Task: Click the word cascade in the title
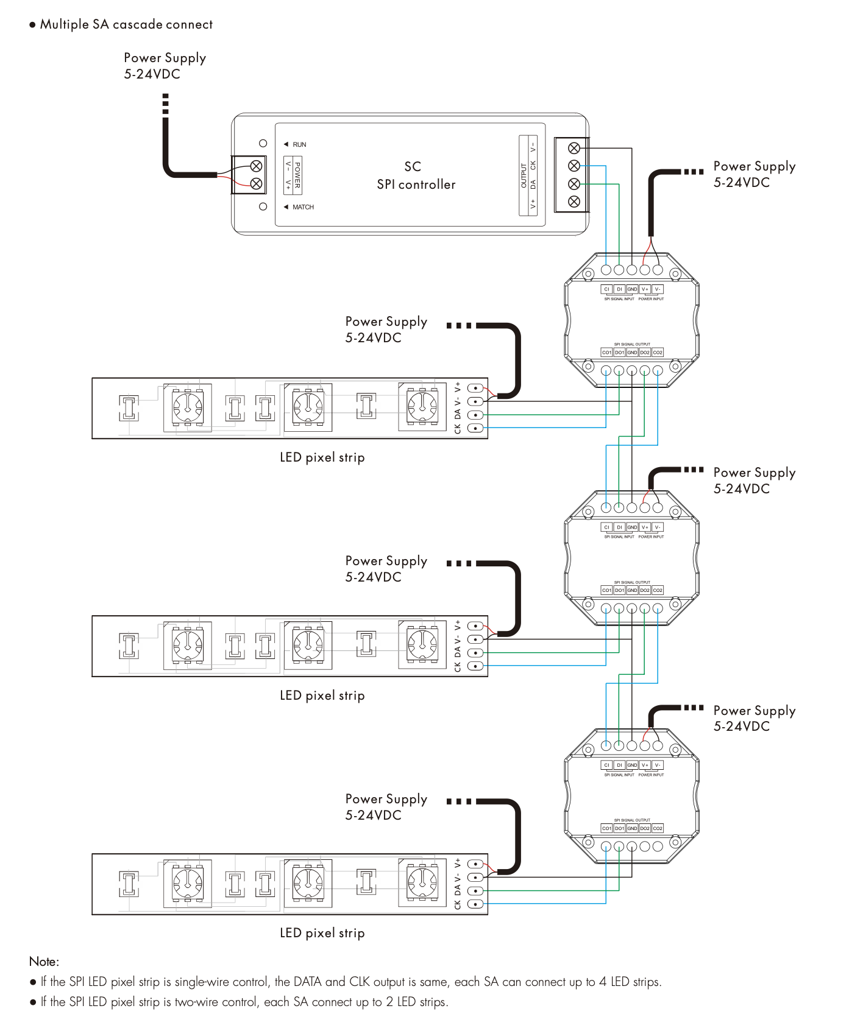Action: pos(136,25)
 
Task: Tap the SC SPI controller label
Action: pos(416,175)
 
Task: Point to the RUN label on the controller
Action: pos(299,145)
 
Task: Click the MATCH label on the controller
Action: pos(303,208)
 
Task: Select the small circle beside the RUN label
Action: pos(263,144)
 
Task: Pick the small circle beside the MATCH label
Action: pos(263,207)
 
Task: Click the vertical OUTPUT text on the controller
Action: pos(524,175)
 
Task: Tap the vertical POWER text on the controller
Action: pos(297,175)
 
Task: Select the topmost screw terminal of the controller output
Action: pos(574,148)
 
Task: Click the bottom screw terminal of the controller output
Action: pos(574,202)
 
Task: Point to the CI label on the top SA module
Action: pos(606,289)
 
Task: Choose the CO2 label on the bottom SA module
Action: pos(658,828)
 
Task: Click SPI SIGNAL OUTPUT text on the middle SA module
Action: pos(632,582)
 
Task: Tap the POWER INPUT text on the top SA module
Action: pos(651,299)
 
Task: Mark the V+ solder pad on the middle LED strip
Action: pos(475,626)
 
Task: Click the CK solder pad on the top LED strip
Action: pos(475,428)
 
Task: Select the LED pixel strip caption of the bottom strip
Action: pos(322,933)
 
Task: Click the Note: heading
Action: pos(44,962)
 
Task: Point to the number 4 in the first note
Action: pos(602,982)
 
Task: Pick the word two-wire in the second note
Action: pos(197,1002)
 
